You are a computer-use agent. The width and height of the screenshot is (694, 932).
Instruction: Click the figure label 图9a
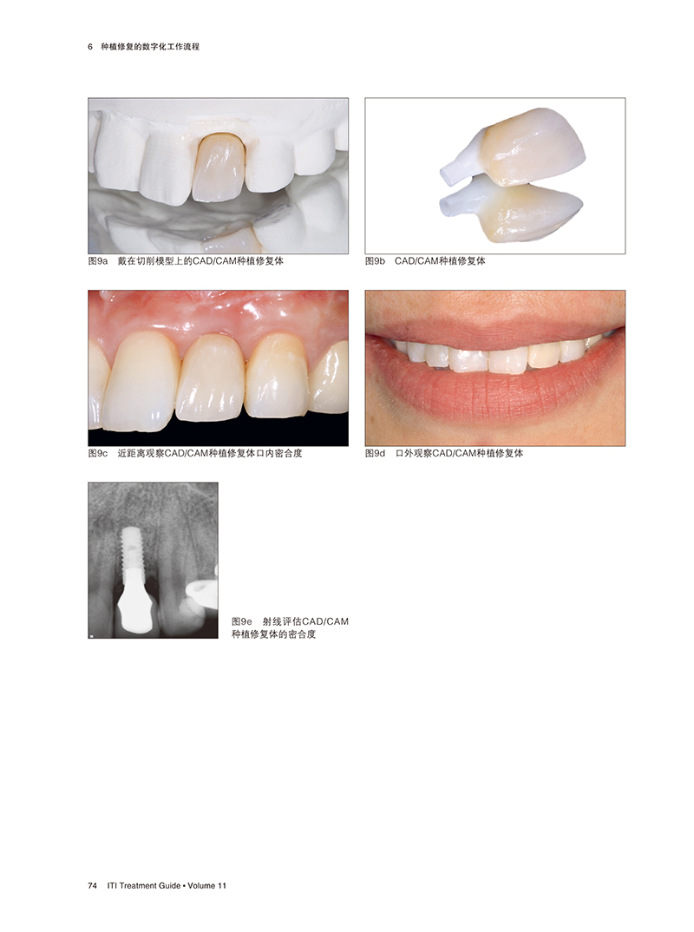(x=98, y=261)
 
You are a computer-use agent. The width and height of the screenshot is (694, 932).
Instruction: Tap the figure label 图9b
(x=375, y=261)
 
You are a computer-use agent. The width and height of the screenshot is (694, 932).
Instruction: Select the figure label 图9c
(x=98, y=454)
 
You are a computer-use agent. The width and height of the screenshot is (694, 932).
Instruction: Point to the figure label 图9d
(x=375, y=454)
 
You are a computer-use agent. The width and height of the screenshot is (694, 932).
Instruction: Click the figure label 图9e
(x=242, y=621)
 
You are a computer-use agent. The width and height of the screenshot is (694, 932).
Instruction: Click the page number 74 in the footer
(x=92, y=886)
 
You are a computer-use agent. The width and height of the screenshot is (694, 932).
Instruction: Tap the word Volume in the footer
(x=201, y=886)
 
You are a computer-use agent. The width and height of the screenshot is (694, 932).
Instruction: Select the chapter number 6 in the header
(x=90, y=46)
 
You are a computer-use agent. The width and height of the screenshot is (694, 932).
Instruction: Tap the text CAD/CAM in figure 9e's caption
(x=325, y=621)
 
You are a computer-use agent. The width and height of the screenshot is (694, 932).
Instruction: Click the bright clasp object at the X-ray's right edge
(x=202, y=592)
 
